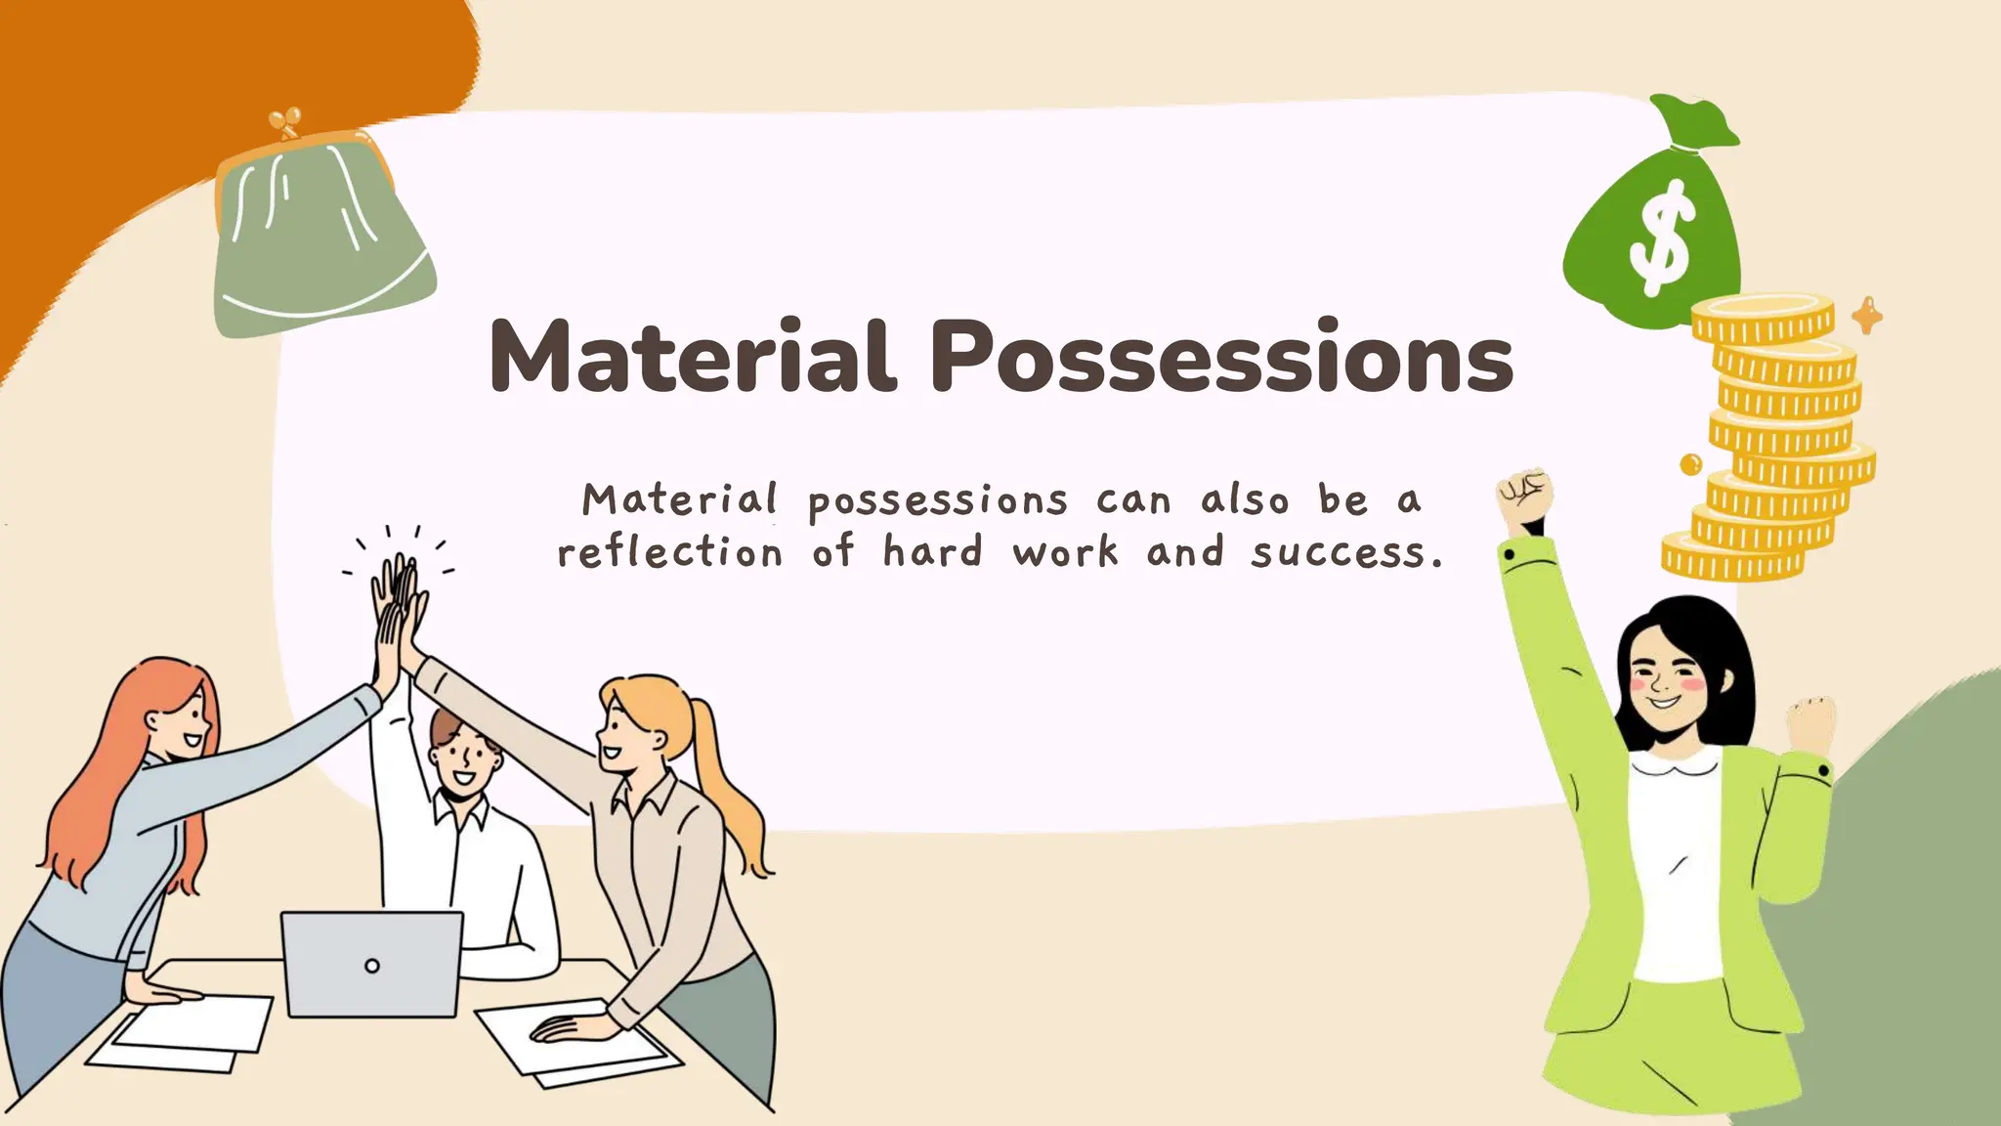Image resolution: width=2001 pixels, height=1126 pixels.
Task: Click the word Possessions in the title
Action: point(1221,357)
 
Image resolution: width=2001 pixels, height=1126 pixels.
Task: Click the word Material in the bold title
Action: point(692,357)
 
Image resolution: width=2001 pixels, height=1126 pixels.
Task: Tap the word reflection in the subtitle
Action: point(670,553)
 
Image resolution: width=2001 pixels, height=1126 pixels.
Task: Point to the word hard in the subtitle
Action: point(932,551)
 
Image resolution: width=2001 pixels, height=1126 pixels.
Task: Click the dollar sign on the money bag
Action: point(1660,238)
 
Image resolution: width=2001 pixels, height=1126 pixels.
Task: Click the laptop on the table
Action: point(371,964)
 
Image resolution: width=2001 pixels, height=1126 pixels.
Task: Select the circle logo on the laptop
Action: point(371,966)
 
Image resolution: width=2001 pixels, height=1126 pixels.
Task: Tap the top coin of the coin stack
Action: point(1763,315)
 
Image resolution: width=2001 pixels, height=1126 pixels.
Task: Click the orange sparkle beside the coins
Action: point(1867,316)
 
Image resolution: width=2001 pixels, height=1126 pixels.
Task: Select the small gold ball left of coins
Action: point(1690,464)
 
